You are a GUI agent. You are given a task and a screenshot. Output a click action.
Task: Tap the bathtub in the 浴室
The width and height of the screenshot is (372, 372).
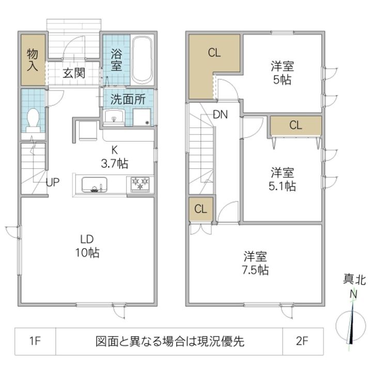(141, 59)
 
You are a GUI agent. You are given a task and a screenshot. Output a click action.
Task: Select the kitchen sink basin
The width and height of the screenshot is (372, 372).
(94, 184)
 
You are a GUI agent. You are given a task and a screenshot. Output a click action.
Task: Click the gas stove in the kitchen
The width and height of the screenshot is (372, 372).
(140, 184)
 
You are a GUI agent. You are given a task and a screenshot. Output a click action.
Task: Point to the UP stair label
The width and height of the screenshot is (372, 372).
(52, 182)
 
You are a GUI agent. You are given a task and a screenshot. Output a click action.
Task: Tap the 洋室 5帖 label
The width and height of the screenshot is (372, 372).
(282, 73)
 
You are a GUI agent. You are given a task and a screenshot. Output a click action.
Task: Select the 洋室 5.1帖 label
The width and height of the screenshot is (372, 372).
(282, 179)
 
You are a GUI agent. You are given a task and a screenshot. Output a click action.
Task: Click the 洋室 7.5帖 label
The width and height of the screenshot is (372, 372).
(255, 263)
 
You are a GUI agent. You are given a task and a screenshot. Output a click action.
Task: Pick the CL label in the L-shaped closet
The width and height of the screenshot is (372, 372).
(214, 52)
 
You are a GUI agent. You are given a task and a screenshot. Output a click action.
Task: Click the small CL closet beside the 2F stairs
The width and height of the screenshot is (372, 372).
(200, 209)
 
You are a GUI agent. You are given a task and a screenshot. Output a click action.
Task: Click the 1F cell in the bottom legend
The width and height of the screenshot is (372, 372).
(35, 342)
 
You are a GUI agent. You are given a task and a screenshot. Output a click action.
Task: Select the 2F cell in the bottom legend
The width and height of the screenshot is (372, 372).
(302, 342)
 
